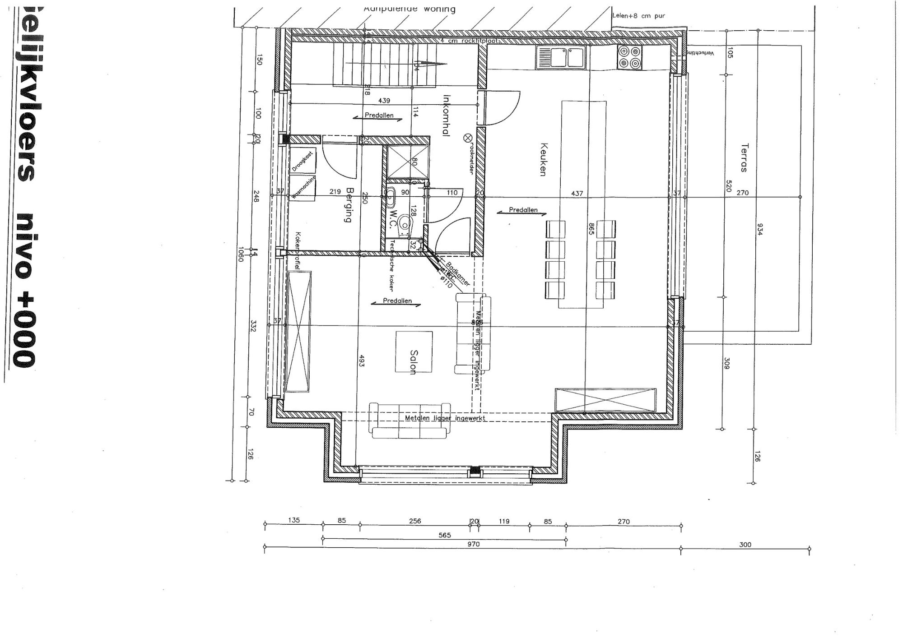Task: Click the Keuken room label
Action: [x=543, y=159]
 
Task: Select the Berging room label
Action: [x=348, y=205]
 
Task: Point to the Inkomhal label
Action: [x=447, y=115]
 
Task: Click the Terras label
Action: [x=744, y=157]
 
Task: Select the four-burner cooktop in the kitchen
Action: [x=629, y=57]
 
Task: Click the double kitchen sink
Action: [x=560, y=57]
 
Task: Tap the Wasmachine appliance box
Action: [x=303, y=189]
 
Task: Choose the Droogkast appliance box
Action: [x=303, y=161]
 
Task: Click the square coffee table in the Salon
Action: [x=414, y=352]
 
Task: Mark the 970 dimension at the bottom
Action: [x=473, y=544]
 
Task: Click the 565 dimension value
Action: [x=445, y=535]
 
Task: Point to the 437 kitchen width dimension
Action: [x=577, y=193]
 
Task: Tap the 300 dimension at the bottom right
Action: [x=745, y=545]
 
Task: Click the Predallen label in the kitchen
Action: [x=523, y=210]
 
